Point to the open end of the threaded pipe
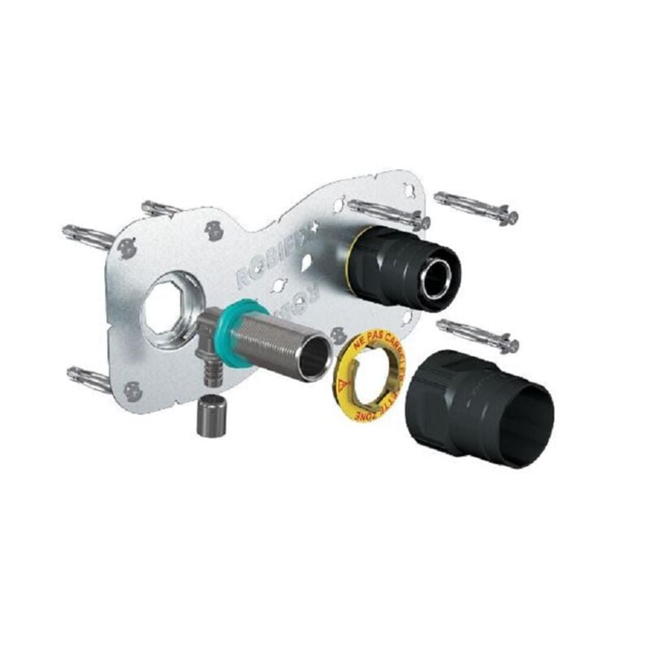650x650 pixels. (x=315, y=358)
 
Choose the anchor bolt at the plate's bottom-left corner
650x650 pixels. (x=89, y=377)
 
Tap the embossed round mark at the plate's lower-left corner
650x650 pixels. (x=132, y=391)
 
